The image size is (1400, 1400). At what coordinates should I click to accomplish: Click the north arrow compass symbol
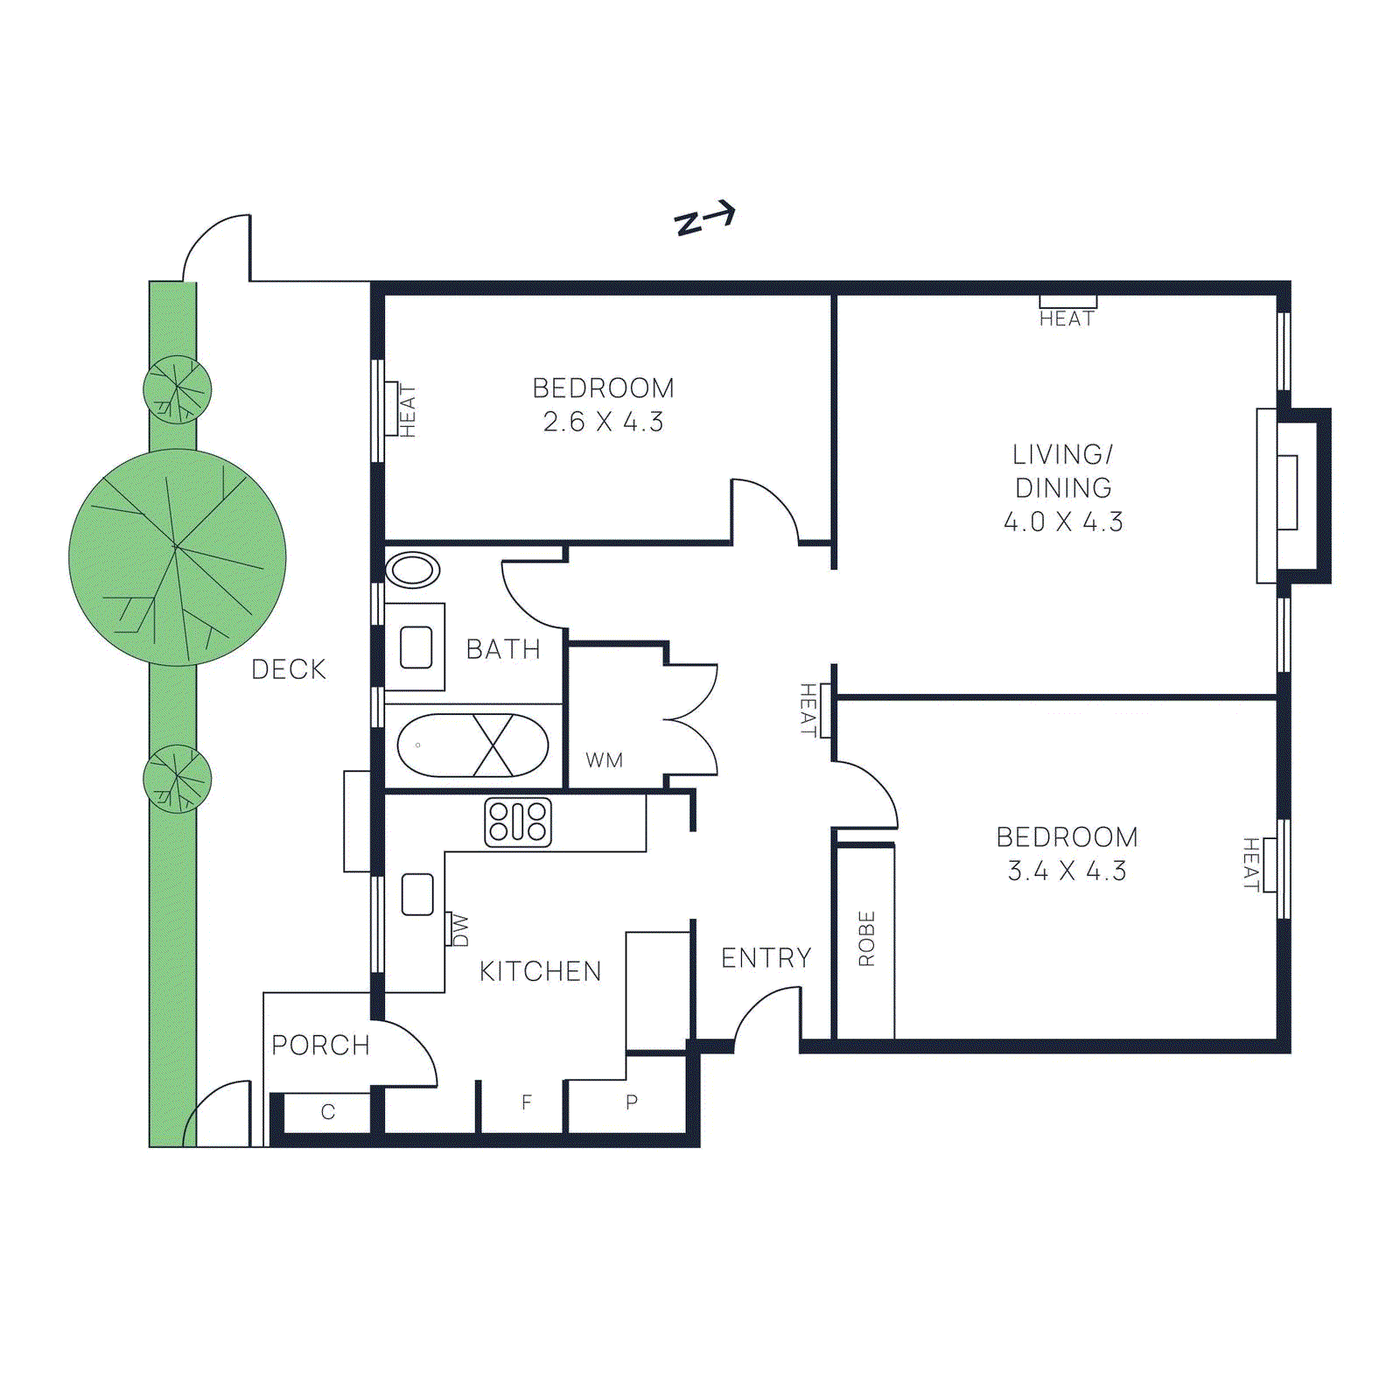704,219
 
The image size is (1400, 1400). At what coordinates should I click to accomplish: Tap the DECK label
288,669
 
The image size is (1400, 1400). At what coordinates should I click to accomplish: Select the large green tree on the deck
178,557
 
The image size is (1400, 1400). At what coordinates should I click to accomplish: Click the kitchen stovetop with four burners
518,822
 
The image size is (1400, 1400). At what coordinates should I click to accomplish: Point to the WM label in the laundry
605,760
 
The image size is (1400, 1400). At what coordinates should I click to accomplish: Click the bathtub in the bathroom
472,745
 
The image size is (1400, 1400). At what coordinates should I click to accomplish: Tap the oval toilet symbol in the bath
413,570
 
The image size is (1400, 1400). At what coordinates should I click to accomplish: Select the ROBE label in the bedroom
866,939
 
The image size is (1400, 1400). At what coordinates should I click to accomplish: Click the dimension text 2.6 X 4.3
603,422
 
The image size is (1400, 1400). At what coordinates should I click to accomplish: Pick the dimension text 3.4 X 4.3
1067,871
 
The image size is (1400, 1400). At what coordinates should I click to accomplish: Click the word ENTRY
766,958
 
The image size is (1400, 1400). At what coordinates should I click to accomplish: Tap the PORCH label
320,1045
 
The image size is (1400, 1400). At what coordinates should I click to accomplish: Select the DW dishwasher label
459,930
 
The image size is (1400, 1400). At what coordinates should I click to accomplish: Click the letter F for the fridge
527,1102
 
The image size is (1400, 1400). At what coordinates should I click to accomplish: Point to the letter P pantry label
632,1102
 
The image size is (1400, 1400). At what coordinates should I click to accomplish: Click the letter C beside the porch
328,1112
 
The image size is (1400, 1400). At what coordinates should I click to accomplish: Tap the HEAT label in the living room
1067,318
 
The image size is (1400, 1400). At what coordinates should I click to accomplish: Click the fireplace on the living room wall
1291,494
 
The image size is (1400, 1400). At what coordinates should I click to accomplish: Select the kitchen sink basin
417,894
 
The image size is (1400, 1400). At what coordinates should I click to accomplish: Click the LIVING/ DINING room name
1063,471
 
